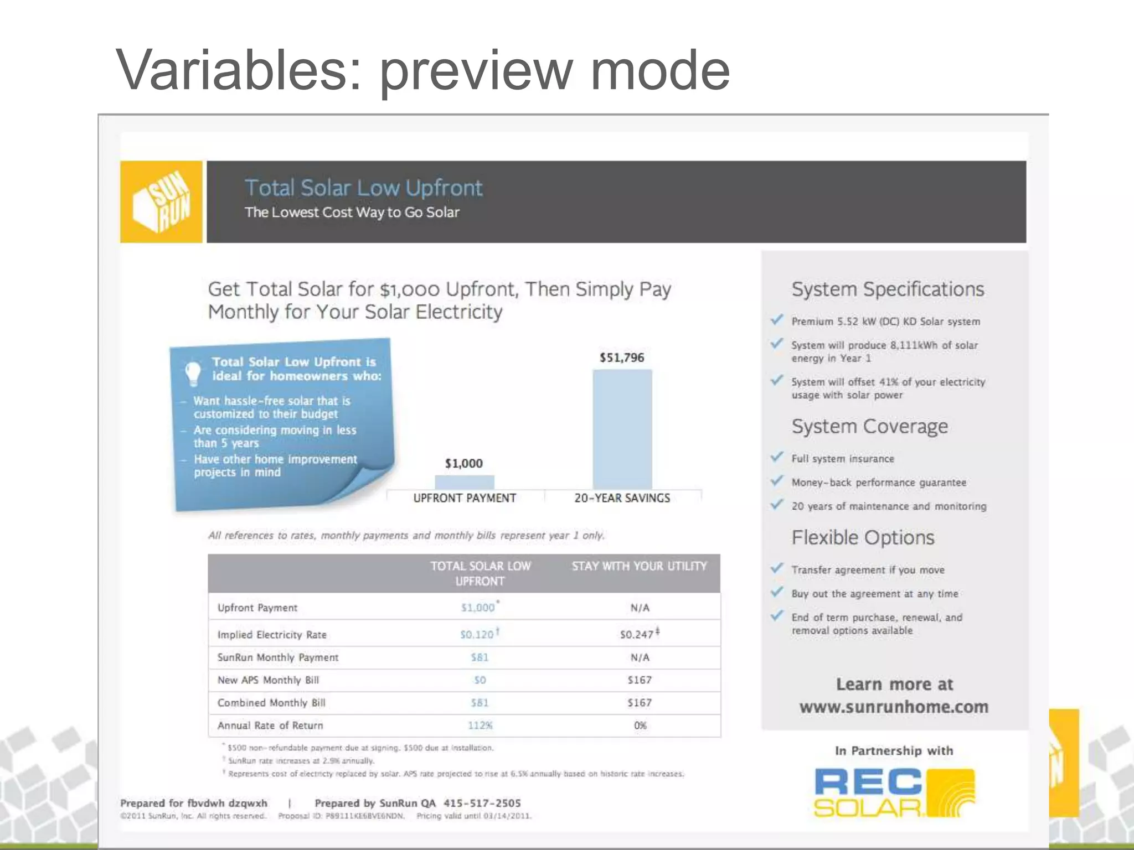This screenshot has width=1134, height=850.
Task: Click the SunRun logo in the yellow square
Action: (x=161, y=201)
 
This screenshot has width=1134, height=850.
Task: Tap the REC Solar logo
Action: (x=894, y=792)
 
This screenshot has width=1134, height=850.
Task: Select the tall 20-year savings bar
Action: (x=622, y=429)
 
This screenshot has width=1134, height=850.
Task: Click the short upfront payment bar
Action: (x=464, y=481)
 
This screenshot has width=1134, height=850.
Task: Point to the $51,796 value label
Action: (x=622, y=357)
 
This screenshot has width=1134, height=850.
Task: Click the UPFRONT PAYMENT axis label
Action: (x=465, y=498)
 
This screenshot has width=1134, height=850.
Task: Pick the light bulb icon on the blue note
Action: (x=193, y=372)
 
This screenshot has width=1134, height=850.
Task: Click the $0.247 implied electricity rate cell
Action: (x=637, y=634)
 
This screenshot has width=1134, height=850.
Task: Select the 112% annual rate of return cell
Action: (x=480, y=725)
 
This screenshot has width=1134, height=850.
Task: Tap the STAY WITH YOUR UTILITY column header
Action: (x=639, y=566)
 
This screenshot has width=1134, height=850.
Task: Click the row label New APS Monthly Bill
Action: (x=268, y=680)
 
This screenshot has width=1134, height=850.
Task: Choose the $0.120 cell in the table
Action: (x=477, y=634)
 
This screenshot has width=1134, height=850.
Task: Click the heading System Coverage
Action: (x=869, y=427)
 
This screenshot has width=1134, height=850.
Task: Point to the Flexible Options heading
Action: (x=863, y=538)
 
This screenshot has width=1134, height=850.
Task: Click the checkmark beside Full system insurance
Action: (x=777, y=457)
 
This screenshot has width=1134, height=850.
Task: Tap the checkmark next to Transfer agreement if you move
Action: (x=777, y=568)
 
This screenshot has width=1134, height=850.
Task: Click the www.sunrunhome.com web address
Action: (x=894, y=707)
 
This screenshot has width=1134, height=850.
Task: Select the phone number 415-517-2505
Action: (x=482, y=803)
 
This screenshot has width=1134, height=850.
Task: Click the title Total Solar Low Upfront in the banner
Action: (x=363, y=188)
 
